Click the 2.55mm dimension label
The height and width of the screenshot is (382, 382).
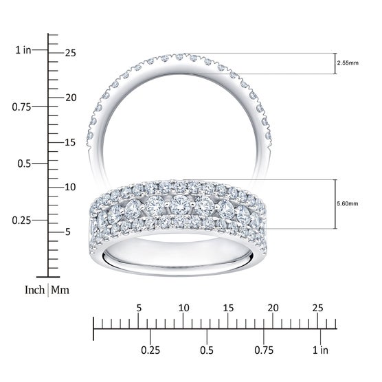[348, 63]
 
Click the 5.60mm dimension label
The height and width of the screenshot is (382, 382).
[348, 203]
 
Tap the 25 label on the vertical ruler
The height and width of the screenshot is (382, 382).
[70, 53]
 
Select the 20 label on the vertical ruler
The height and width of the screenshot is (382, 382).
[71, 98]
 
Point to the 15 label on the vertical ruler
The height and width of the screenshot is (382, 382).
[70, 142]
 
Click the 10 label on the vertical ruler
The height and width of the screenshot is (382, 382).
[70, 187]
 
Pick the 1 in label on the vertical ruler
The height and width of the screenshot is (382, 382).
[23, 50]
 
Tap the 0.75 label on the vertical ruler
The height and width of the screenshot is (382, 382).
[22, 107]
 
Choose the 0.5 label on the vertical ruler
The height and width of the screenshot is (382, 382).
[24, 164]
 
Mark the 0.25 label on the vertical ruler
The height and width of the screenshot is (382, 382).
[22, 221]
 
